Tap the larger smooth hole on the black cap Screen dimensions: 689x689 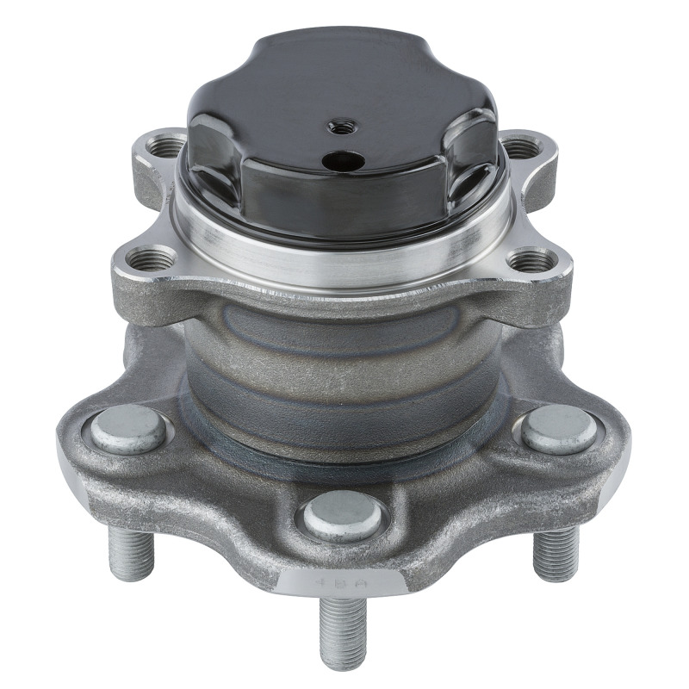[342, 159]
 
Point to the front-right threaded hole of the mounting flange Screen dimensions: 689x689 [531, 260]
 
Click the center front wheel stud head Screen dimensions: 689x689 [342, 516]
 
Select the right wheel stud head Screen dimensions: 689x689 [559, 428]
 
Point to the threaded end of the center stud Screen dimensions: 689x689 [342, 633]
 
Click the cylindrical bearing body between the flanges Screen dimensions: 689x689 [344, 362]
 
